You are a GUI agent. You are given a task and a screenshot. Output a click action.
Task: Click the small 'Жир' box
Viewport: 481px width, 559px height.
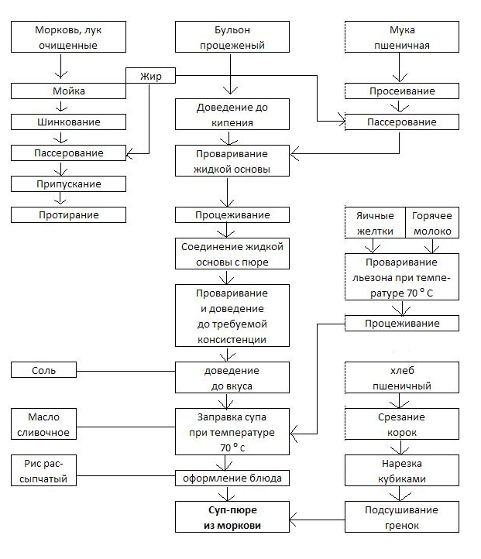(149, 76)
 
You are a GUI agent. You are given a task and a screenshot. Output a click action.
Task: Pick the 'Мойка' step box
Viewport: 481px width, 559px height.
(67, 91)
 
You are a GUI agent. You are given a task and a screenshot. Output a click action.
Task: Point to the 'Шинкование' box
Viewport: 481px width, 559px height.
(67, 122)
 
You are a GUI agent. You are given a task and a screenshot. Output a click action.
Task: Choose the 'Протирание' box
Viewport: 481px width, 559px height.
(67, 214)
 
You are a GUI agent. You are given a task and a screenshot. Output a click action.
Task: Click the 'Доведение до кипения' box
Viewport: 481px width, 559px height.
(232, 115)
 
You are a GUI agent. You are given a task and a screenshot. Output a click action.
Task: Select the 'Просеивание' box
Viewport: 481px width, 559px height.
(400, 91)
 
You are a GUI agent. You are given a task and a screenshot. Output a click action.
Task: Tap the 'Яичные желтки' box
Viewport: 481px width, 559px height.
(375, 223)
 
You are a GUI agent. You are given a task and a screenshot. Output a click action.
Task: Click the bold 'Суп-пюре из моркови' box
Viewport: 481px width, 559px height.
(232, 518)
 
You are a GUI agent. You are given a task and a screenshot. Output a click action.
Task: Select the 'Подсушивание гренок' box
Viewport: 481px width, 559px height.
(400, 518)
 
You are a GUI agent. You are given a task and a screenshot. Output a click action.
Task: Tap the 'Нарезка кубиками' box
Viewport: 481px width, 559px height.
(400, 472)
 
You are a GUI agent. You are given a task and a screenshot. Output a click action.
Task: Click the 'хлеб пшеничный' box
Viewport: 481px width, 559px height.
(400, 379)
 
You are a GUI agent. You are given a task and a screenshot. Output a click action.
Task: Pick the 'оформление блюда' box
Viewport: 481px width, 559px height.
(232, 478)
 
